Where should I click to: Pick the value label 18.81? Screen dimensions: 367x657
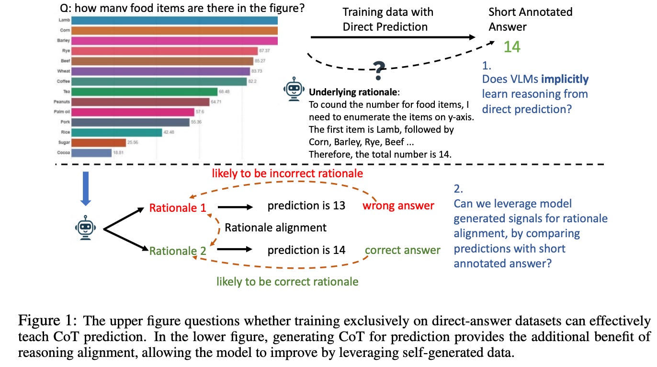point(118,153)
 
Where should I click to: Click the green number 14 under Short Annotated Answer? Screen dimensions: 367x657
point(511,46)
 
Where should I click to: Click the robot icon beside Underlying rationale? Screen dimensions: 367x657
point(293,91)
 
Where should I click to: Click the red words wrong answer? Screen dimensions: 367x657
point(398,206)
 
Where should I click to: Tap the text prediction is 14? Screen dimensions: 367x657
point(306,250)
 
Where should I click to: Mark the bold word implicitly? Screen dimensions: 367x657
point(565,80)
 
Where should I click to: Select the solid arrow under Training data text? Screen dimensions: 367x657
point(393,37)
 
